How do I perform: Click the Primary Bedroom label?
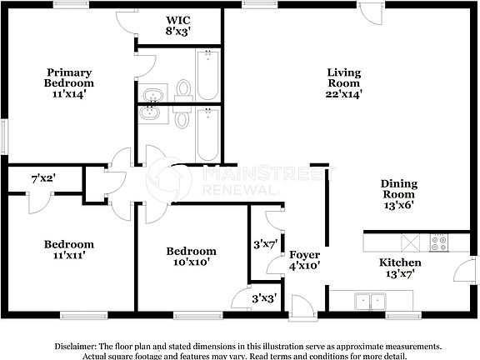coord(69,83)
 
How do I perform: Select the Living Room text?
coord(342,83)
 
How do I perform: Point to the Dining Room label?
coord(399,194)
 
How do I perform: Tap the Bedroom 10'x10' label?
coord(191,256)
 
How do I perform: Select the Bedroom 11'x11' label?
coord(68,249)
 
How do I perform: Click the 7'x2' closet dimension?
coord(43,177)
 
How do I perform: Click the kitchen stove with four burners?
coord(437,242)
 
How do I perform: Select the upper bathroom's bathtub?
coord(207,75)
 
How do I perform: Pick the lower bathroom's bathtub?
coord(207,136)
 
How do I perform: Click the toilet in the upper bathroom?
coord(184,88)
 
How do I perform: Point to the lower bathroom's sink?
coord(152,113)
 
